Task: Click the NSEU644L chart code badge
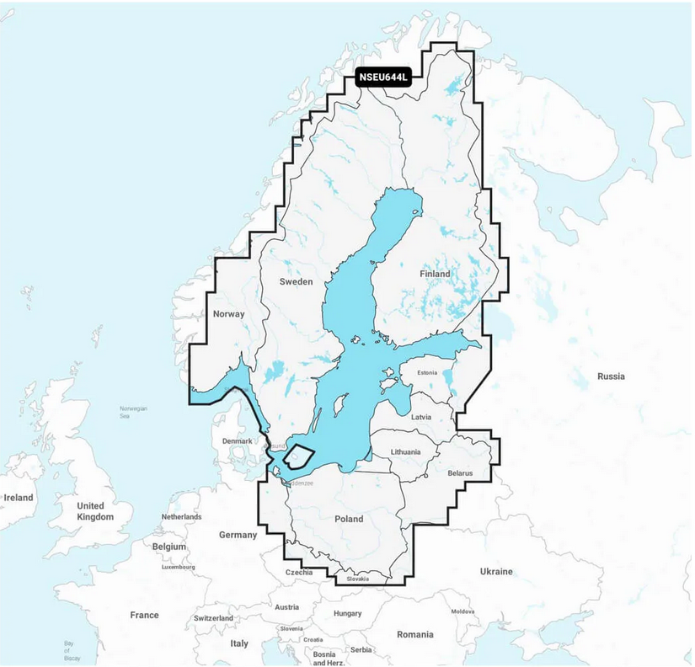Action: pyautogui.click(x=383, y=77)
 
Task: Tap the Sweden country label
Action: pyautogui.click(x=296, y=282)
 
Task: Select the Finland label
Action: pyautogui.click(x=436, y=274)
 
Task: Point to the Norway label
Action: pyautogui.click(x=229, y=314)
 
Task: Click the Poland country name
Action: pyautogui.click(x=349, y=519)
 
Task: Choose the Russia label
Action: pyautogui.click(x=611, y=376)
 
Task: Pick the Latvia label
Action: pyautogui.click(x=421, y=417)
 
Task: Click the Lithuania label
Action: pyautogui.click(x=405, y=452)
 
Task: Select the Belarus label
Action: pyautogui.click(x=461, y=473)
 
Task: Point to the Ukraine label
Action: pyautogui.click(x=496, y=572)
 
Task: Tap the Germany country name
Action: pyautogui.click(x=238, y=535)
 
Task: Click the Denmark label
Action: pyautogui.click(x=237, y=440)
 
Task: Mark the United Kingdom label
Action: pyautogui.click(x=94, y=511)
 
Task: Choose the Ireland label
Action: pyautogui.click(x=19, y=498)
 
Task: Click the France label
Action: pyautogui.click(x=144, y=615)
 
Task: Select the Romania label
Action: pyautogui.click(x=415, y=634)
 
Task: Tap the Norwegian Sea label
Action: pyautogui.click(x=133, y=412)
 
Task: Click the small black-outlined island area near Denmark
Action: pyautogui.click(x=298, y=456)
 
